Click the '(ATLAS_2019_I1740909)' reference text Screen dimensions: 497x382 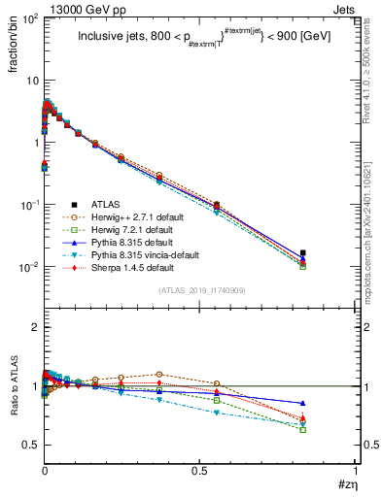pos(199,290)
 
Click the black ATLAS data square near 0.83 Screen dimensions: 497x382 pos(303,253)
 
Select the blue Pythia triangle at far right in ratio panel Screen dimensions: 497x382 pos(303,403)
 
